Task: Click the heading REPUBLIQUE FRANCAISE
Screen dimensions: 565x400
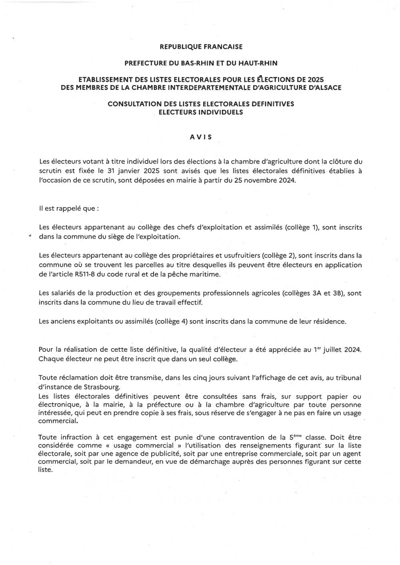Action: coord(201,47)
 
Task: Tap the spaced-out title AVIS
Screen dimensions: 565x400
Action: coord(201,137)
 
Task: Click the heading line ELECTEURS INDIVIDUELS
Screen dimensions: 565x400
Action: coord(201,112)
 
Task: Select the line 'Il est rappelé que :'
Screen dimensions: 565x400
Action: coord(68,208)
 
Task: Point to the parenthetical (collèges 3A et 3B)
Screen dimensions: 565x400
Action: coord(314,293)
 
